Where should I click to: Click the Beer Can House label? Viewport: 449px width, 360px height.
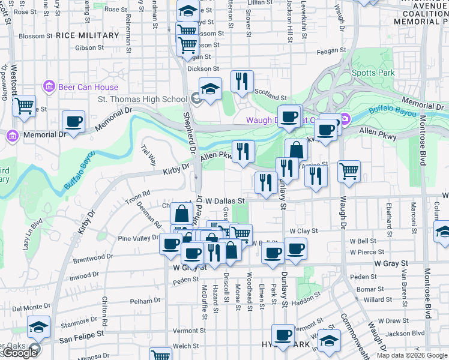coord(88,87)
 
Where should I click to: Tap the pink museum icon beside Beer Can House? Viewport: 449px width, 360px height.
coord(50,87)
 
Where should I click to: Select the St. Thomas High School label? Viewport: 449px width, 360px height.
coord(142,99)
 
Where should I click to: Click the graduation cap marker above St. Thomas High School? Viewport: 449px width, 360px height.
coord(210,89)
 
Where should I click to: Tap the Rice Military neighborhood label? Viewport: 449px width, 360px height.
coord(88,35)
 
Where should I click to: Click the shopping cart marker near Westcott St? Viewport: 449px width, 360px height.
coord(24,106)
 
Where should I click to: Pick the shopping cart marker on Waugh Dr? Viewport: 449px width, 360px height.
coord(349,172)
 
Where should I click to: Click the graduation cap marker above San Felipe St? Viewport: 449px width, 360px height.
coord(39,328)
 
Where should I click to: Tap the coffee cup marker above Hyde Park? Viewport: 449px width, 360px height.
coord(283,335)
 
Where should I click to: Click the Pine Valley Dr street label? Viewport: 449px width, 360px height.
coord(137,238)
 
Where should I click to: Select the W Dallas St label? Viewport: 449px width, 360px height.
coord(226,201)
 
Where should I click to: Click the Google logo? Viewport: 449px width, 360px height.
coord(19,353)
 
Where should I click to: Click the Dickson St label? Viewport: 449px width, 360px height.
coord(199,69)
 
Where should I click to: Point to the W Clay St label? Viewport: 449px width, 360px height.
coord(303,230)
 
